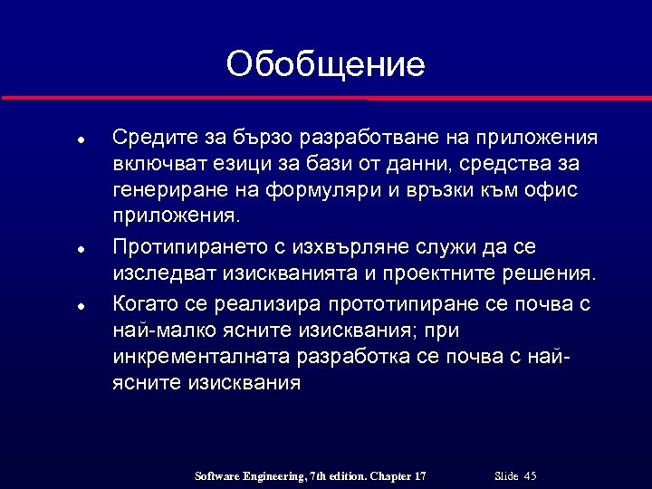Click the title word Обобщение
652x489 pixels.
click(325, 65)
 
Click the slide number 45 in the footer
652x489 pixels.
click(530, 476)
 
